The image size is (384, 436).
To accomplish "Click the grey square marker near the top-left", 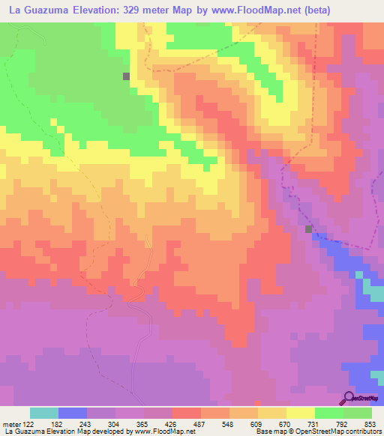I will pos(127,76).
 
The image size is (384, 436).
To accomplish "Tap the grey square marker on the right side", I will pos(308,229).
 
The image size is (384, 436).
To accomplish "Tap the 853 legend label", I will pos(370,424).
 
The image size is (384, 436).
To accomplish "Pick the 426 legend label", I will pos(172,424).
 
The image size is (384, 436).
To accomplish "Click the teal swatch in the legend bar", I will pos(44,413).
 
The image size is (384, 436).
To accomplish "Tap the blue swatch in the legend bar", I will pos(73,413).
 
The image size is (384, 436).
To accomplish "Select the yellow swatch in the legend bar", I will pos(300,413).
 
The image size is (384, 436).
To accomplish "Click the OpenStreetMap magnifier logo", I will pos(348,398).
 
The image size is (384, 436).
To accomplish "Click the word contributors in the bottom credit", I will pos(361,432).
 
